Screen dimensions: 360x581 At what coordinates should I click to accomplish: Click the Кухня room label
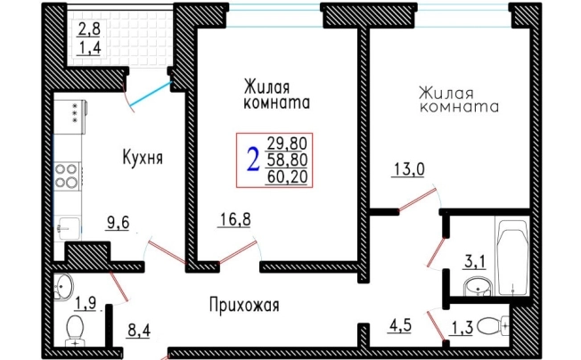pos(142,158)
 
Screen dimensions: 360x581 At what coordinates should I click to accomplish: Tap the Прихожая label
pos(245,306)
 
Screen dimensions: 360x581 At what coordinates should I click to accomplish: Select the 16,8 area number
pos(235,217)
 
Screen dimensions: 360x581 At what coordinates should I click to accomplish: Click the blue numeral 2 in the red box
pos(252,159)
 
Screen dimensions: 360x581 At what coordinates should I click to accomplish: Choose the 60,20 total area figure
pos(285,176)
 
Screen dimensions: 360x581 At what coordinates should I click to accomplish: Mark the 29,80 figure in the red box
pos(285,143)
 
